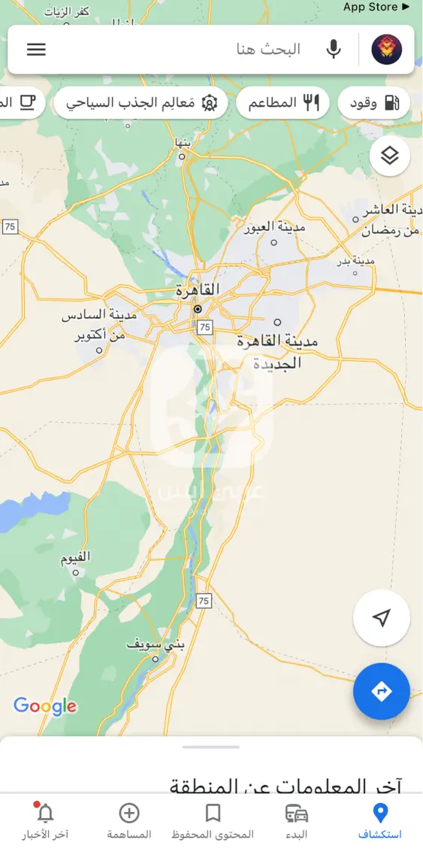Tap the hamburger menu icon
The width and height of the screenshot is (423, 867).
36,50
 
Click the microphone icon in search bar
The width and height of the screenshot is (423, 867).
334,50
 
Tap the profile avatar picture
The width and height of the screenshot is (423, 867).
387,50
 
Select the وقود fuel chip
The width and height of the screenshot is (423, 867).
374,103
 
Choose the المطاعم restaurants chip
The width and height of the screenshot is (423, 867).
283,103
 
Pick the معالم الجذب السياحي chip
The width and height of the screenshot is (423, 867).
140,103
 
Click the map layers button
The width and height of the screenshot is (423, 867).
389,156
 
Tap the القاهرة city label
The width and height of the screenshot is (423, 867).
198,290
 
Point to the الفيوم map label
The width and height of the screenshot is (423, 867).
75,557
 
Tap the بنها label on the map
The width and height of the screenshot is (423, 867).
184,141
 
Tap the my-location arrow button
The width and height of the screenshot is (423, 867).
382,618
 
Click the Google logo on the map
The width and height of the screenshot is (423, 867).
45,705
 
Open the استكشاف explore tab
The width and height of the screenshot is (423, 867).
380,821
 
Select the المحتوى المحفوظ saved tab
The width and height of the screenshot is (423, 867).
213,821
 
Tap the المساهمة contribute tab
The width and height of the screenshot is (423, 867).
129,821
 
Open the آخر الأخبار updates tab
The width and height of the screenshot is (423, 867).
45,821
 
